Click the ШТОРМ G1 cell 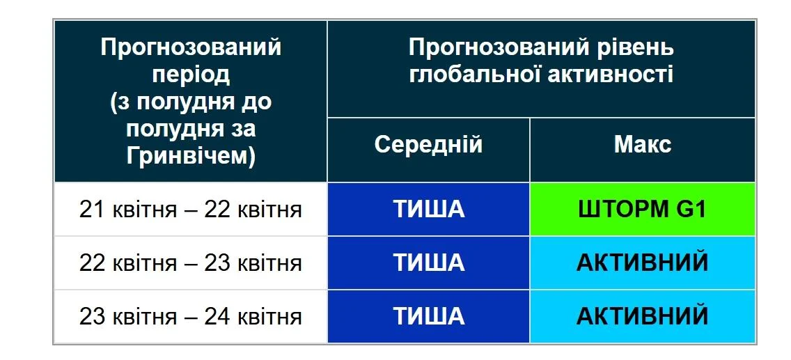point(642,209)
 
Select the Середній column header point(428,145)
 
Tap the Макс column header point(642,145)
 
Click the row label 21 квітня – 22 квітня point(190,210)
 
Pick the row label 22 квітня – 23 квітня point(190,263)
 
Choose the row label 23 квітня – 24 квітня point(190,317)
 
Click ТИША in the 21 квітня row point(428,209)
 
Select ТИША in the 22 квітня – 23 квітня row point(428,263)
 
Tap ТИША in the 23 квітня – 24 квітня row point(428,316)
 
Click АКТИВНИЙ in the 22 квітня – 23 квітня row point(642,263)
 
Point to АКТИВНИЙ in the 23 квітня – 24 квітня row point(642,316)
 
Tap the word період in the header point(191,75)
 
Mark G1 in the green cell point(691,209)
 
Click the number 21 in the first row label point(92,210)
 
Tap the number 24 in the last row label point(217,317)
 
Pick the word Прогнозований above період point(191,48)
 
